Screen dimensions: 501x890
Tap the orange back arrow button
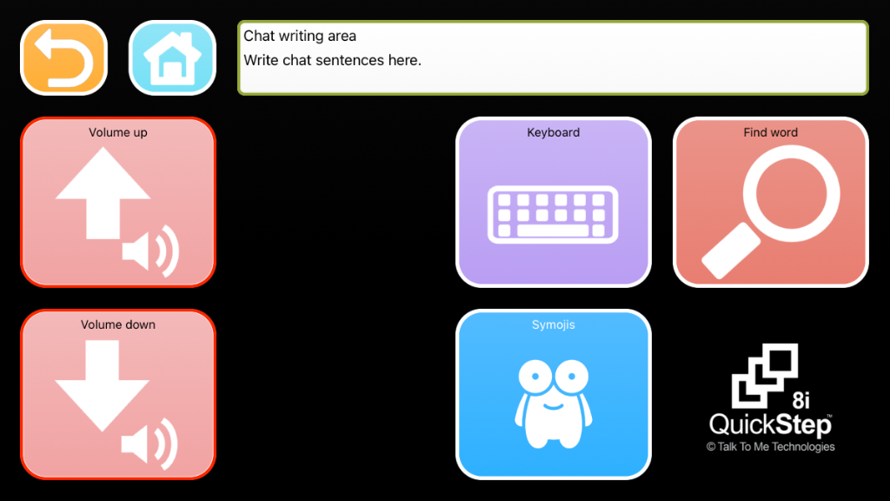[63, 57]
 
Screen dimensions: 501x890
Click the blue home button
[172, 57]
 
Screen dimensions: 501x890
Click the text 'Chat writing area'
[300, 36]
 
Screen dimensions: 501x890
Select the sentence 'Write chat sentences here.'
[332, 60]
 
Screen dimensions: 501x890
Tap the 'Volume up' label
[118, 133]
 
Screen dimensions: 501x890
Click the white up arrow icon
[103, 191]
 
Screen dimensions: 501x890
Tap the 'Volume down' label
[118, 325]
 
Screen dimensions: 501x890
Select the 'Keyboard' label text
[554, 133]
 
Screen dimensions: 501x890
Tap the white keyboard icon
[554, 214]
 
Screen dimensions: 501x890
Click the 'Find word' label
[771, 133]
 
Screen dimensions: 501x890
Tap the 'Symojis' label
[554, 325]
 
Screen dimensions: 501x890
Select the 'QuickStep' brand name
[770, 424]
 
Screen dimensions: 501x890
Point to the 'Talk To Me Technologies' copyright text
[771, 447]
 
